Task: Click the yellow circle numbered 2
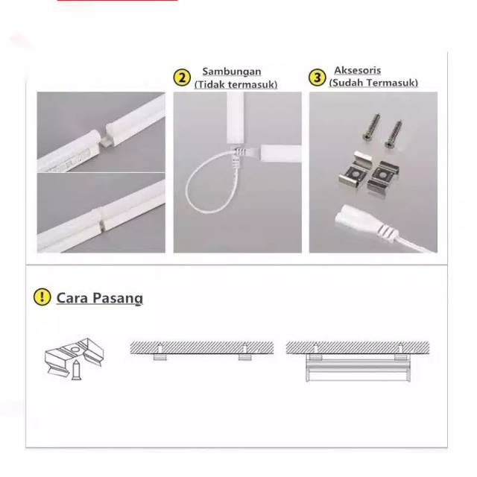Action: point(182,78)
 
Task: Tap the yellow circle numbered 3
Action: point(318,78)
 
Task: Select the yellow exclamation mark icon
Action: point(42,297)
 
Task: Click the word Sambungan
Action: point(232,72)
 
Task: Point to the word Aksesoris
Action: point(358,70)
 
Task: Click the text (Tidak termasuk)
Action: point(236,84)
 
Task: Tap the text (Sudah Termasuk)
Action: point(373,83)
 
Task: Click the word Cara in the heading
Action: point(72,297)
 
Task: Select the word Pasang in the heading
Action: point(117,298)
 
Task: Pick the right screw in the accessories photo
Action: point(394,134)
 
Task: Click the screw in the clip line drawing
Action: point(76,370)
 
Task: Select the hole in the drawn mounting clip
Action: point(73,348)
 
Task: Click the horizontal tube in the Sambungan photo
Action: point(281,153)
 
